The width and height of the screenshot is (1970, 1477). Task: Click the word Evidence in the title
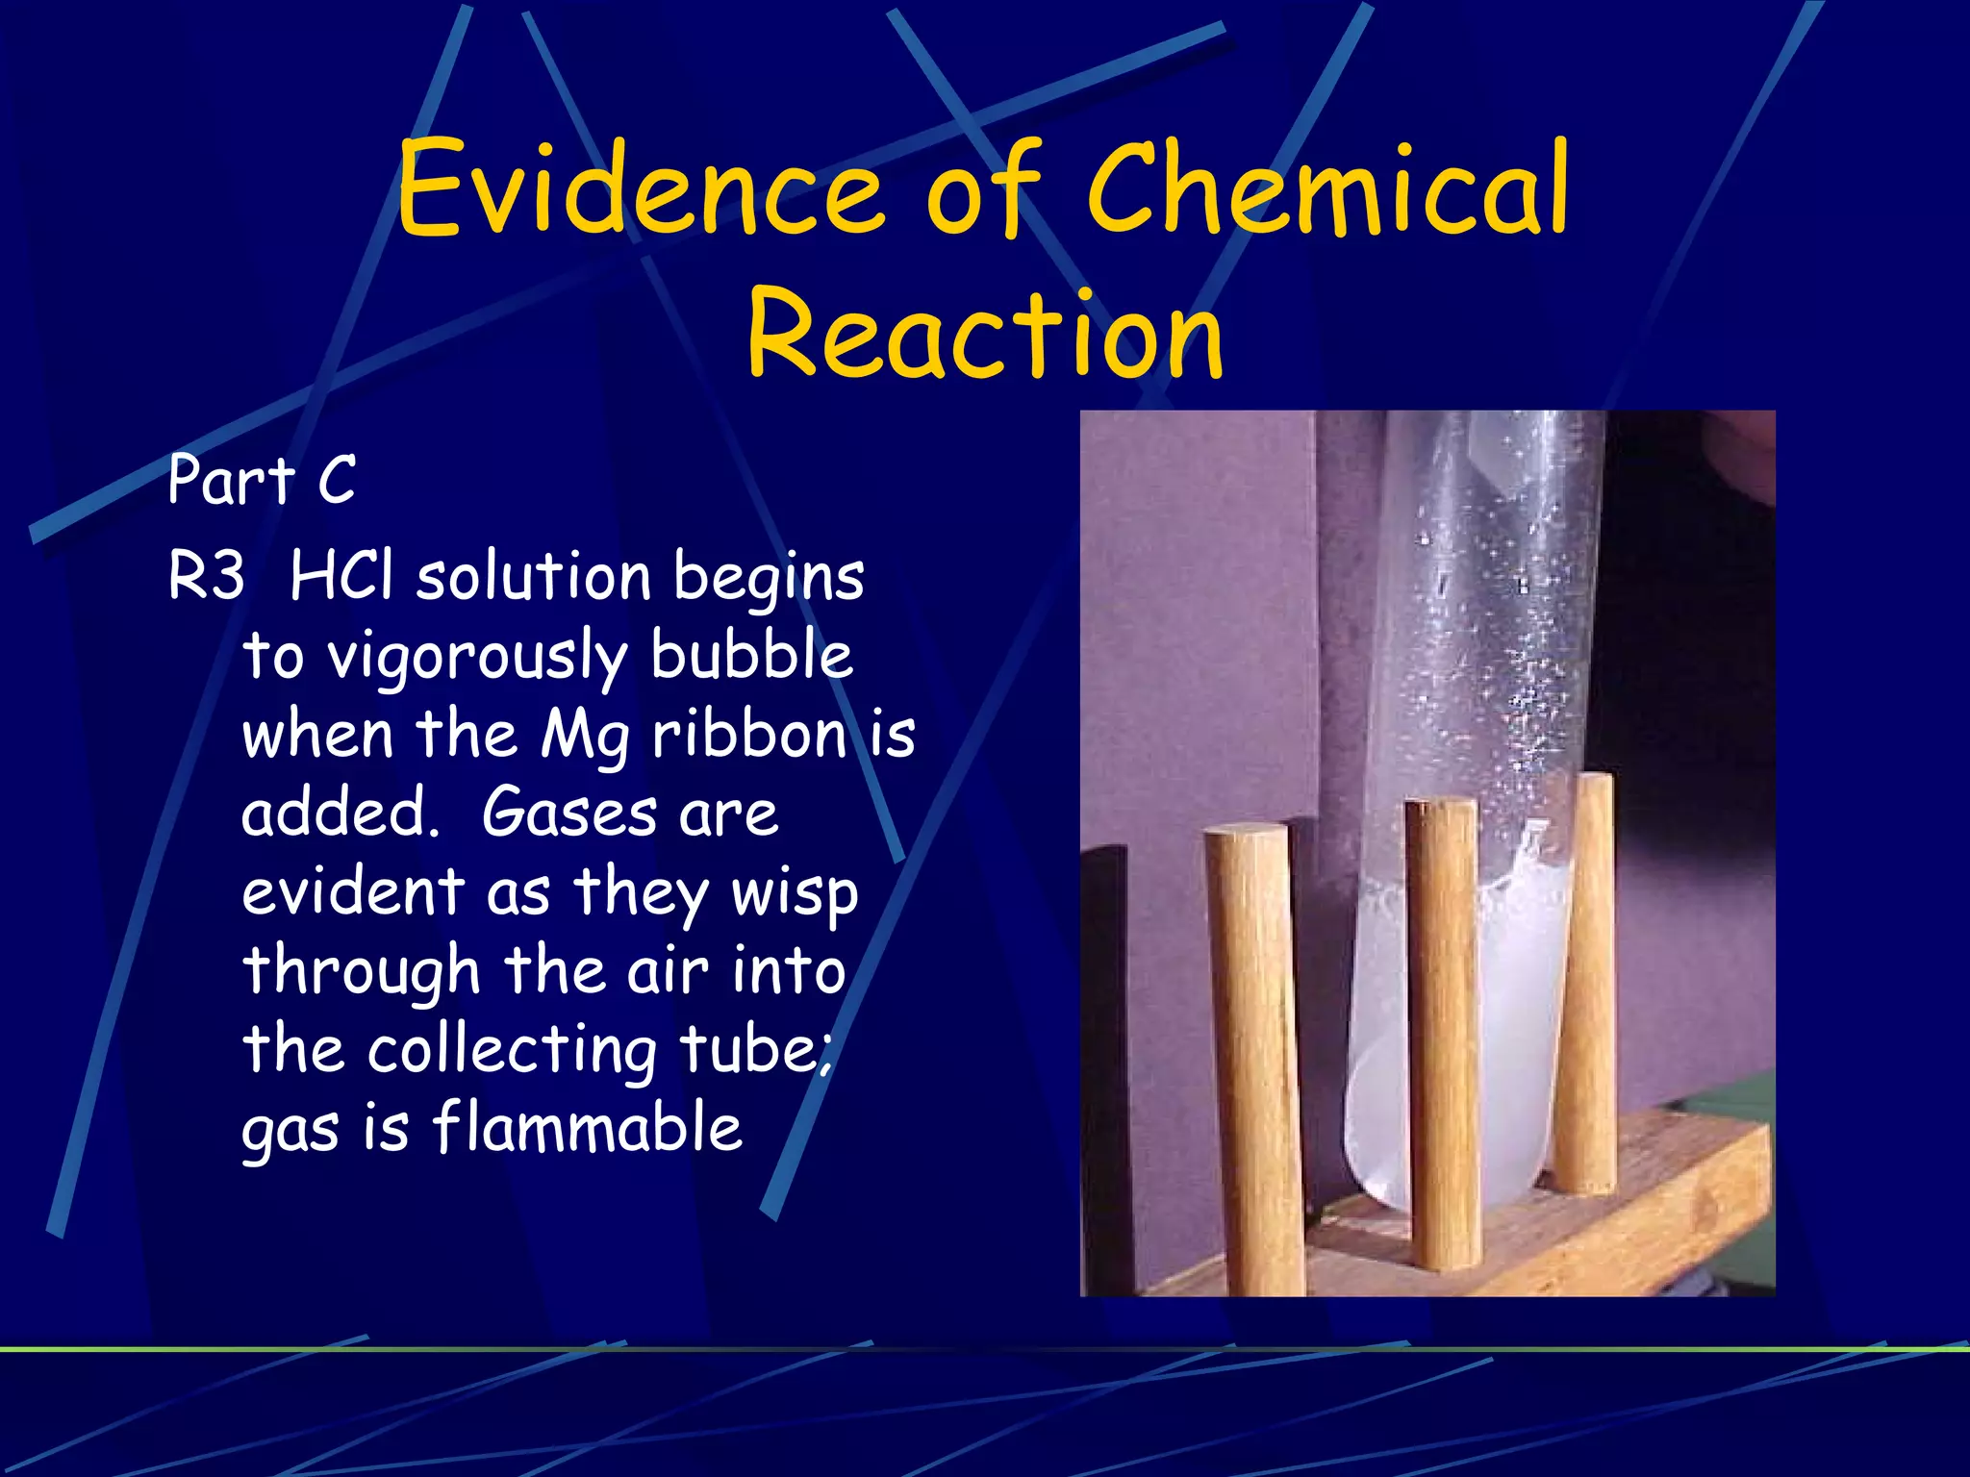coord(639,188)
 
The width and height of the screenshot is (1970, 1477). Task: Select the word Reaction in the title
coord(985,333)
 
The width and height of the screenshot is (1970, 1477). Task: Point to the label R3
coord(206,577)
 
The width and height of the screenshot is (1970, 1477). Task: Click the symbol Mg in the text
coord(585,737)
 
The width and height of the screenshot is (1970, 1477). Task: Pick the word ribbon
coord(749,735)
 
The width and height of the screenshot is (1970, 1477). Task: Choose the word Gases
coord(568,814)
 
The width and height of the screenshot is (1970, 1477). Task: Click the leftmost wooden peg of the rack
coord(1254,1058)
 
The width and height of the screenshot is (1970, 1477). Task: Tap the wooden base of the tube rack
coord(1635,1212)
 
